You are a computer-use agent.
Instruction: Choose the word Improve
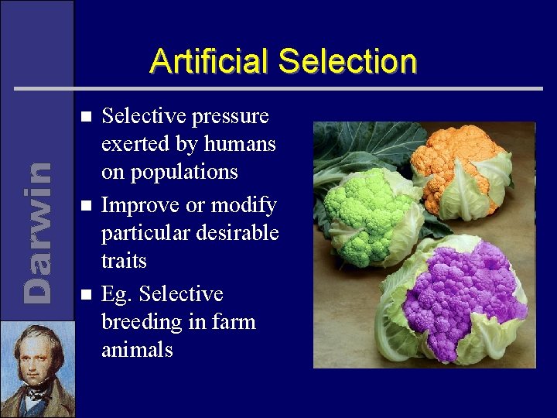tap(136, 206)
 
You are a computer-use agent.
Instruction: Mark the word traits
tap(124, 260)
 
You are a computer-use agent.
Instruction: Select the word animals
tap(137, 349)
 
